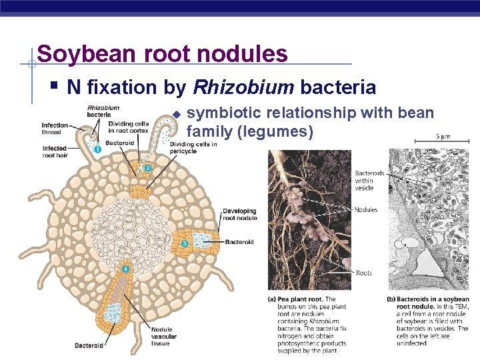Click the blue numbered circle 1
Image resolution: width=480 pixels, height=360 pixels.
[x=97, y=149]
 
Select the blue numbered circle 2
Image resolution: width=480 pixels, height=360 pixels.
[x=148, y=168]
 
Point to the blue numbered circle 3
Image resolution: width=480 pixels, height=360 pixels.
[x=185, y=244]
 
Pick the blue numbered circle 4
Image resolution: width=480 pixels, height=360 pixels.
[x=125, y=269]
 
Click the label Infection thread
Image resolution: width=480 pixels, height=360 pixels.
[x=55, y=129]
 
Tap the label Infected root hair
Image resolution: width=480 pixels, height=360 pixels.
[x=55, y=152]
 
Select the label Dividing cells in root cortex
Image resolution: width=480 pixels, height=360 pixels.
[x=129, y=127]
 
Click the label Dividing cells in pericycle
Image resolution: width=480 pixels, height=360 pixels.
[x=193, y=148]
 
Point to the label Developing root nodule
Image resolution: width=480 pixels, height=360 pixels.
[x=239, y=215]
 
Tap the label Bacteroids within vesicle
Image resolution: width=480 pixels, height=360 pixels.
[x=369, y=181]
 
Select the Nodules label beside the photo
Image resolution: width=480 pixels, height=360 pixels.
[x=366, y=210]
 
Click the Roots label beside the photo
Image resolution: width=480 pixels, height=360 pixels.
[x=363, y=273]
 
